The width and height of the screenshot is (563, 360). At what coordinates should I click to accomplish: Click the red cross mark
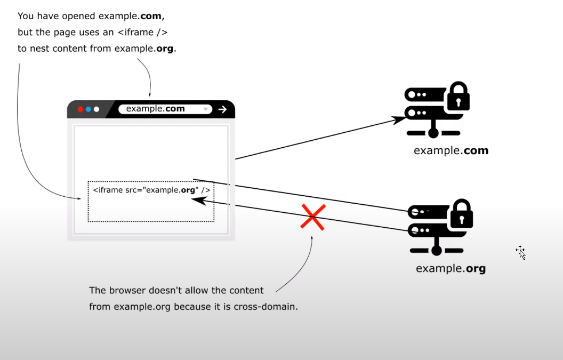point(313,217)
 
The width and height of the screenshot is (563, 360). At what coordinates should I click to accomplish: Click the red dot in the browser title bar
point(81,109)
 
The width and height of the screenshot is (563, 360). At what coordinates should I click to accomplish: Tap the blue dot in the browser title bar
point(89,109)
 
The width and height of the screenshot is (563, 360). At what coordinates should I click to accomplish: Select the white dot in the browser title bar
point(96,109)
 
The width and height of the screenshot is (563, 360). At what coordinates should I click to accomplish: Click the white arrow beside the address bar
point(222,109)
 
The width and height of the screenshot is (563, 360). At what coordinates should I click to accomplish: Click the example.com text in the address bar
point(155,109)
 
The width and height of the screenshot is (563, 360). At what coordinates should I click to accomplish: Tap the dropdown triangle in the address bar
point(206,110)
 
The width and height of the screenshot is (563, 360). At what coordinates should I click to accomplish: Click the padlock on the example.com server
point(458,97)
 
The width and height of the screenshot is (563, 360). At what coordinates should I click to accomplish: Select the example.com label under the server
point(451,151)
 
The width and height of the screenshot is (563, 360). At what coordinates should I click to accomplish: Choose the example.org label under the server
point(451,268)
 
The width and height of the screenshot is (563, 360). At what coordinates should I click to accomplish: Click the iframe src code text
point(151,190)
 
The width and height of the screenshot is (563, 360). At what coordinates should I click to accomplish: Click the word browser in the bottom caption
point(125,291)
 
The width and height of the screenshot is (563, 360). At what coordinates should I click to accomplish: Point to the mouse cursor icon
point(521,252)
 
